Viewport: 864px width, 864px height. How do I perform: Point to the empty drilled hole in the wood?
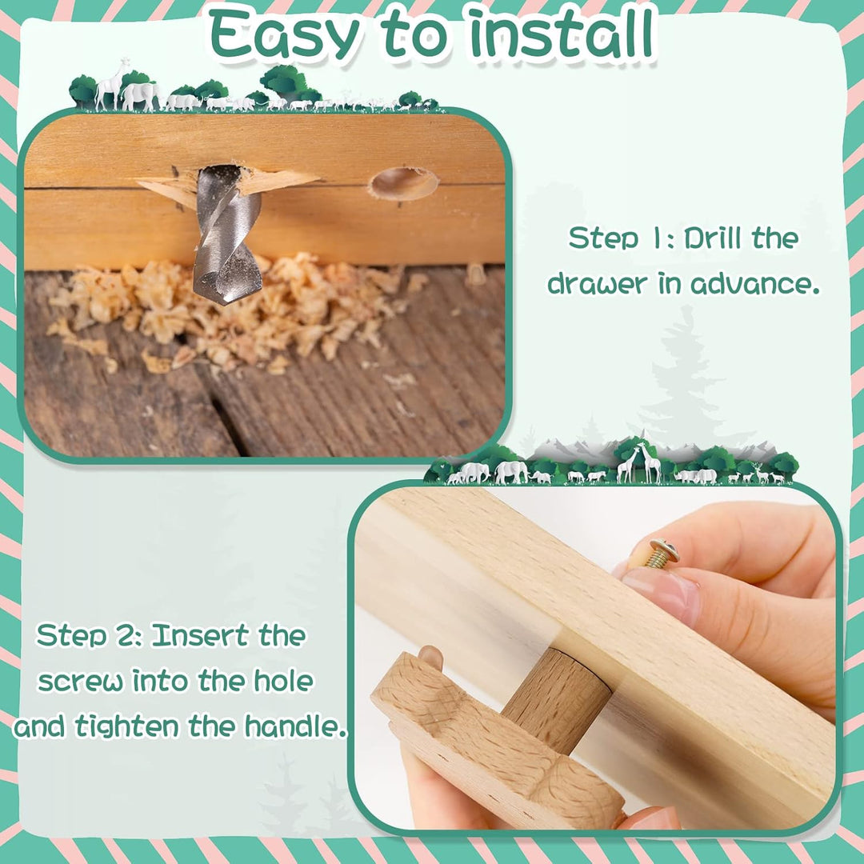[x=404, y=183]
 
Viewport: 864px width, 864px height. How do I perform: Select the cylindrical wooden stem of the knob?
[x=557, y=700]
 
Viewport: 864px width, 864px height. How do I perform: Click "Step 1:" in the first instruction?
[x=621, y=238]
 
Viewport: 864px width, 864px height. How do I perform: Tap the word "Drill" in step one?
[x=713, y=238]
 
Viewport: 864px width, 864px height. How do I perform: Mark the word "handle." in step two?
[x=297, y=726]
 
